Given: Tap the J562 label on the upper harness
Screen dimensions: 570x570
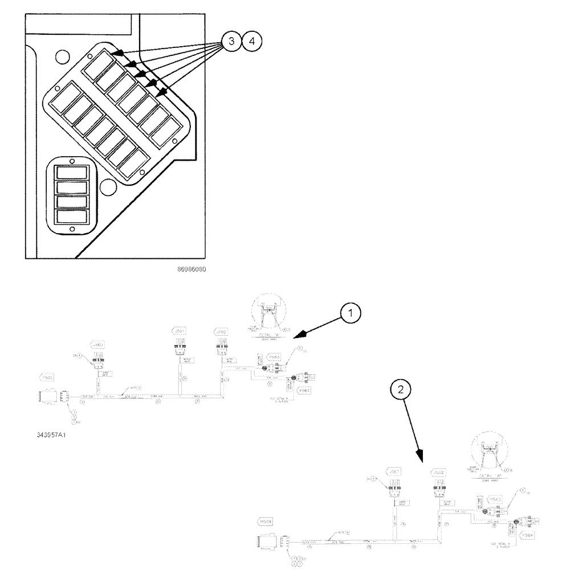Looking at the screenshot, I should pos(221,331).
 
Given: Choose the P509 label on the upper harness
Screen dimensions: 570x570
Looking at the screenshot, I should pos(46,377).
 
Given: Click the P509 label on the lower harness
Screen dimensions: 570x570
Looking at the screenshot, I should pos(266,522).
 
